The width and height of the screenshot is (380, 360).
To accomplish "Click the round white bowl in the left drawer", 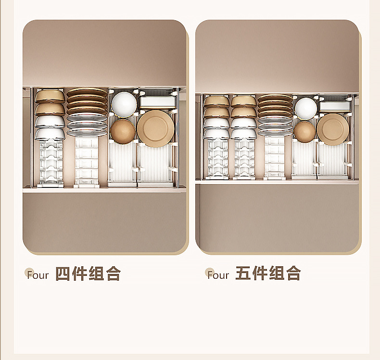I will pos(124,103).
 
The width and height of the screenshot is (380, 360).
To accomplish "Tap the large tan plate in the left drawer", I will pos(154,128).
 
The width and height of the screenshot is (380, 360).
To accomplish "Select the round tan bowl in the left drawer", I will pos(123,131).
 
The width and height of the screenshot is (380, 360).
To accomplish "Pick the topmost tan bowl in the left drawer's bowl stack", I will pos(50,96).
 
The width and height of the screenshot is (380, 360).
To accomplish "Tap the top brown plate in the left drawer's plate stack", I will pos(87,92).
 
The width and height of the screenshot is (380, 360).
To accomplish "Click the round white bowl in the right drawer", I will pos(305,108).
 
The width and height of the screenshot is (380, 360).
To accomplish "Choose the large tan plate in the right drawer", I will pos(333,129).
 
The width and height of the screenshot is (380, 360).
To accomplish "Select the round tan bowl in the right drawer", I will pos(304,131).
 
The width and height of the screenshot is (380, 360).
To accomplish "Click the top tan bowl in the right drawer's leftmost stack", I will pos(216,101).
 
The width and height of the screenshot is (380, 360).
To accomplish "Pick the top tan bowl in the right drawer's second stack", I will pos(243,101).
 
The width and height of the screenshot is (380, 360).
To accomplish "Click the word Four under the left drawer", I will pos(38,275).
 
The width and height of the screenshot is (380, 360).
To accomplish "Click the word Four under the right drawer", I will pos(218,275).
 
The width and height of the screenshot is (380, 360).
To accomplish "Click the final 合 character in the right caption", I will pos(292,273).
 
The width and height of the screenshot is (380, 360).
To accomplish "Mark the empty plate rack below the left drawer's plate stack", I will pos(87,161).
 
